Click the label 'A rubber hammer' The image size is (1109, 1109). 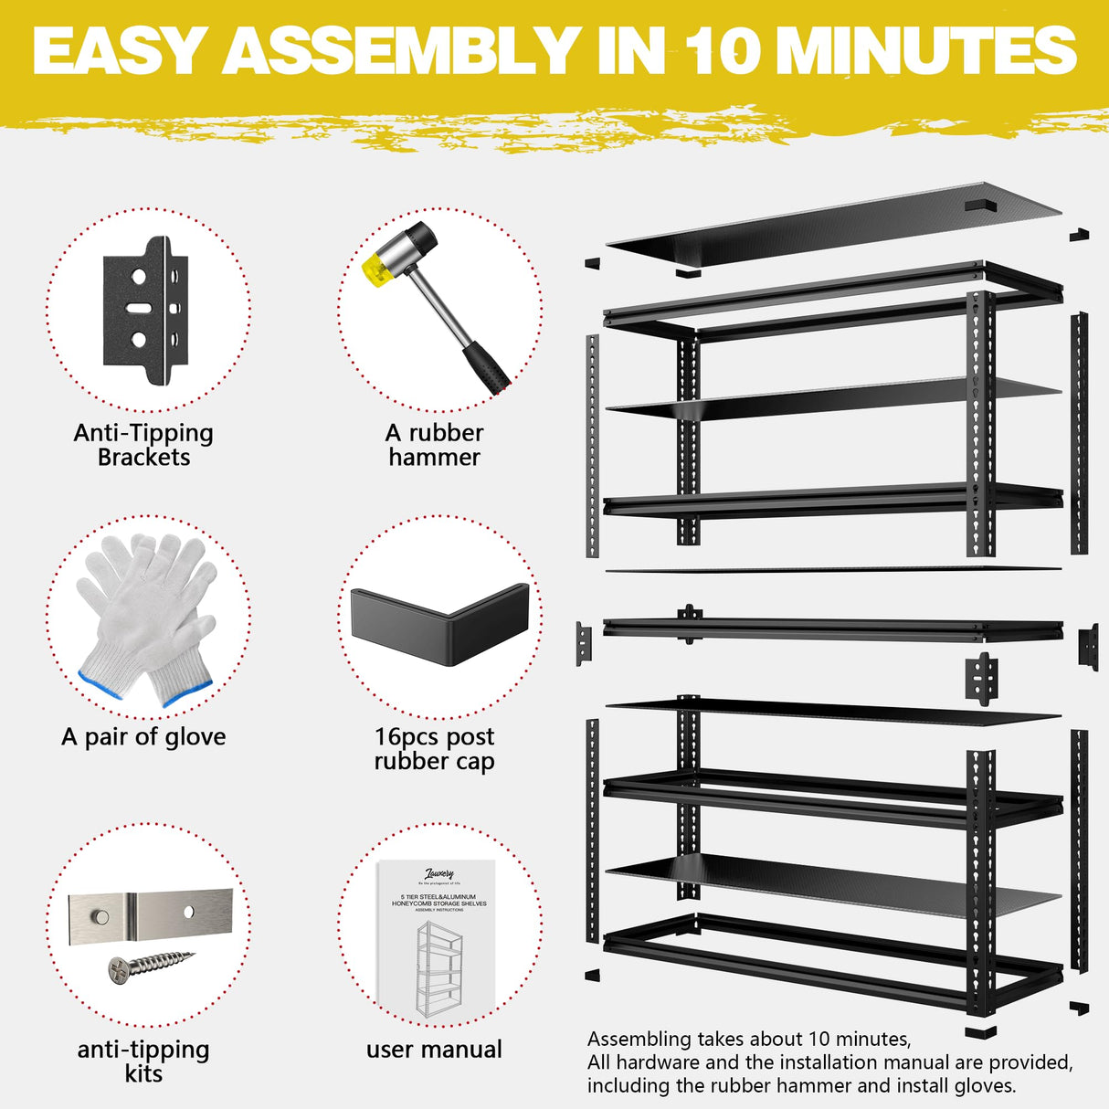(x=435, y=445)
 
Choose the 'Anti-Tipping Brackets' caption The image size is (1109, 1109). (x=143, y=445)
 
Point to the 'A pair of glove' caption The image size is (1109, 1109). (x=143, y=737)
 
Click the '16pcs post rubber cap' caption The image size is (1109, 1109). (x=435, y=749)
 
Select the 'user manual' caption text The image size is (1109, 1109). (x=435, y=1050)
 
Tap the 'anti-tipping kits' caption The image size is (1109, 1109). (x=143, y=1061)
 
